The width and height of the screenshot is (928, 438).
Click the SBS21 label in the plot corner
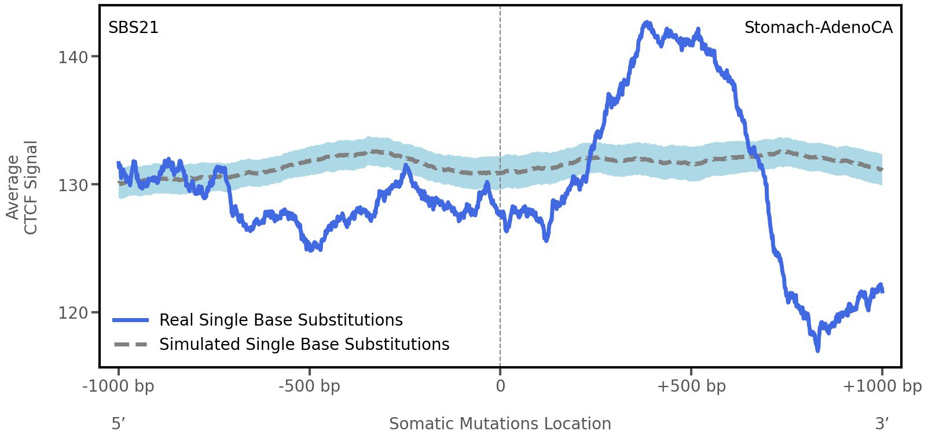click(x=133, y=28)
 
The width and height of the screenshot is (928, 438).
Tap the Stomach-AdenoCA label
click(x=818, y=28)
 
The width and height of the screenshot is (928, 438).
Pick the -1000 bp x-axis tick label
click(x=119, y=386)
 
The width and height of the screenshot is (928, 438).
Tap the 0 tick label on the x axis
click(x=500, y=386)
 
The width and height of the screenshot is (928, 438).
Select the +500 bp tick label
click(x=691, y=386)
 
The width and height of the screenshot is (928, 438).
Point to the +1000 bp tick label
click(x=882, y=386)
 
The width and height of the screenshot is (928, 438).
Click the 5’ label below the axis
click(x=118, y=424)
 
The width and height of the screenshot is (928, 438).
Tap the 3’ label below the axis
click(x=882, y=424)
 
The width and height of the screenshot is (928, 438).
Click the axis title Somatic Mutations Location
click(x=500, y=424)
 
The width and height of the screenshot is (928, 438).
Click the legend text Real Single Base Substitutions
click(x=281, y=320)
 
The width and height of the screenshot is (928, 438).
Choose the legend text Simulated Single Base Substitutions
click(x=304, y=345)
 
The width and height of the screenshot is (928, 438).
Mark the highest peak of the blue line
click(x=647, y=23)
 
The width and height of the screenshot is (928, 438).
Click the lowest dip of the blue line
click(x=817, y=349)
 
